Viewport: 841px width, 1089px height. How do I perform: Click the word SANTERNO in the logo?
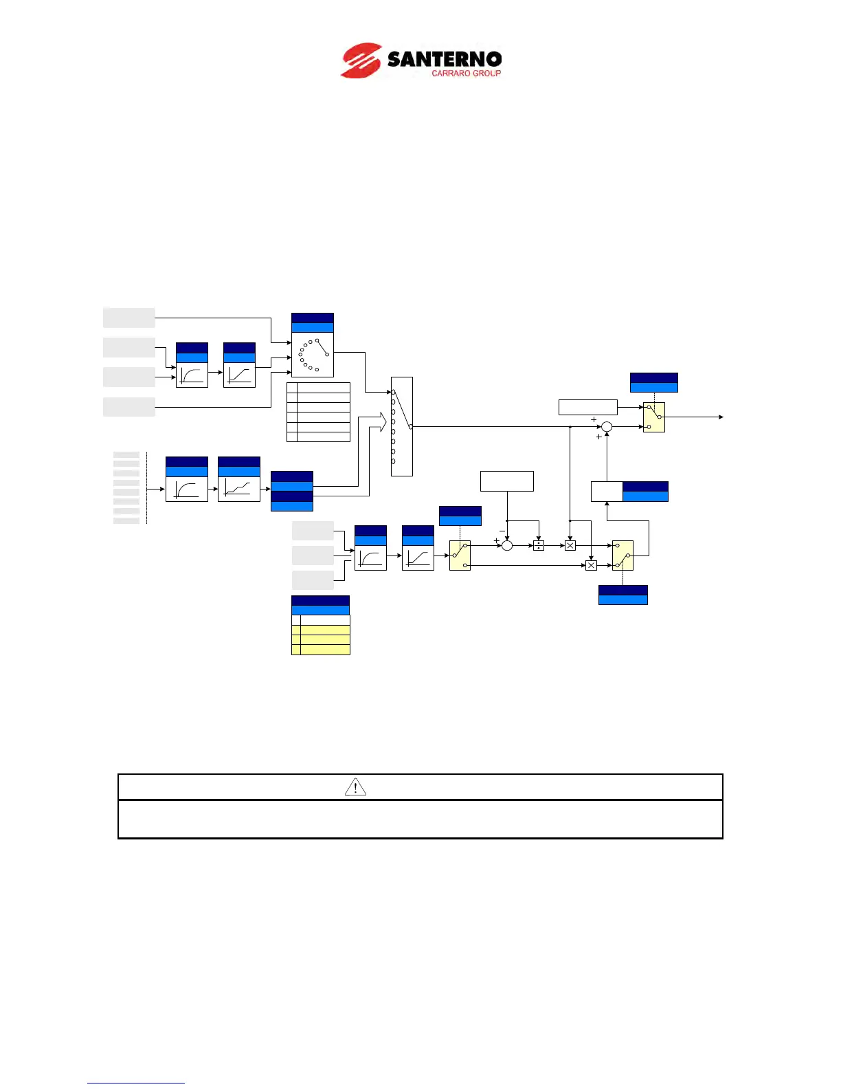click(444, 59)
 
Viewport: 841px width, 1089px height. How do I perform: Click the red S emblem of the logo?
click(361, 60)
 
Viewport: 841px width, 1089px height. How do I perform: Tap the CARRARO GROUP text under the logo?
click(466, 74)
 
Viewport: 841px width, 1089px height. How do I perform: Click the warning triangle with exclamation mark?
click(355, 787)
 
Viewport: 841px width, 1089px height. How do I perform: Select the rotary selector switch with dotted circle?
click(313, 355)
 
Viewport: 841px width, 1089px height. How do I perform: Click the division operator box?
click(539, 545)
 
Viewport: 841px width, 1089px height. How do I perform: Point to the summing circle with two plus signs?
click(607, 427)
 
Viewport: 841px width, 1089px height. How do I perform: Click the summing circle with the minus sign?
click(507, 545)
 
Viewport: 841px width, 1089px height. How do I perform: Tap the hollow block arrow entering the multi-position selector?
click(378, 422)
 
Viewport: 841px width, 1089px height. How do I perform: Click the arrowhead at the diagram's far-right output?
click(720, 417)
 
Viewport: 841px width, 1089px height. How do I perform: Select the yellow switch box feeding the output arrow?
click(654, 417)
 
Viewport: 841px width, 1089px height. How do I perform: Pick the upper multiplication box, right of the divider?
click(570, 545)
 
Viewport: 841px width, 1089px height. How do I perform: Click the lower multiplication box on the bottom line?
click(591, 565)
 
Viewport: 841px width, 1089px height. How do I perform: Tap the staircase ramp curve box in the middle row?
click(239, 489)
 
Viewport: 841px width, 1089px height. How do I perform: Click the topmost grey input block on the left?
click(129, 318)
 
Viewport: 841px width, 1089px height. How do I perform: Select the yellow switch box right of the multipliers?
click(623, 555)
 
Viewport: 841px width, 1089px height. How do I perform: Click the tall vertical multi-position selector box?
click(401, 426)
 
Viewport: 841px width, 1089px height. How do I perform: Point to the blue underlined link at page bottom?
click(136, 1083)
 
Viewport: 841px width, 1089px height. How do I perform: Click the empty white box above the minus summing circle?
click(507, 481)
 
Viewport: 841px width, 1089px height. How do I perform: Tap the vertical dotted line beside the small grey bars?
click(147, 488)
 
